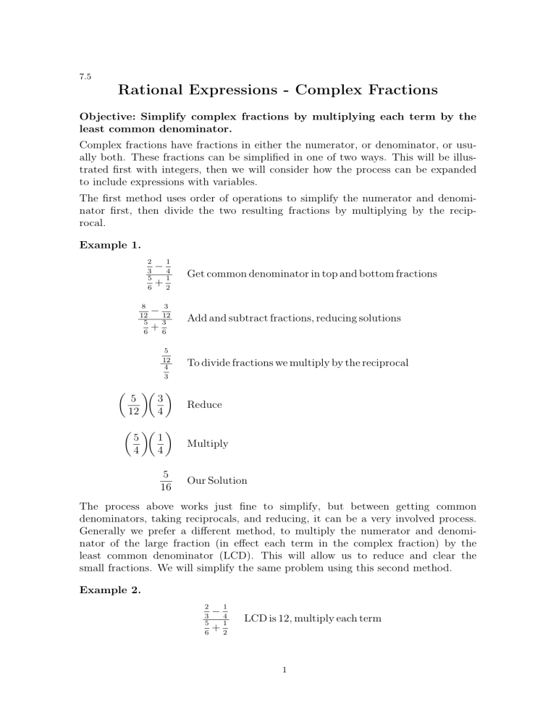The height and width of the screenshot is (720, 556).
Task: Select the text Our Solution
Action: pyautogui.click(x=216, y=480)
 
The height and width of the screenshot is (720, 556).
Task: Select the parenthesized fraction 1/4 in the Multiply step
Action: pyautogui.click(x=165, y=443)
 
